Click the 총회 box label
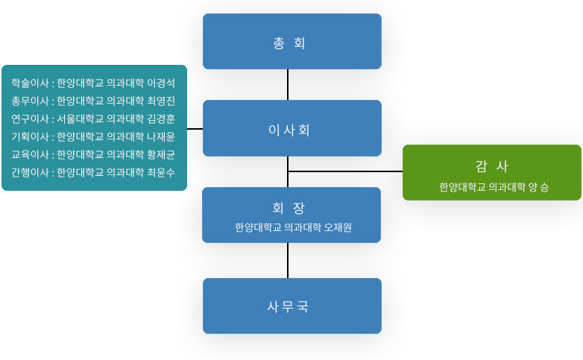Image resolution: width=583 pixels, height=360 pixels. [x=289, y=43]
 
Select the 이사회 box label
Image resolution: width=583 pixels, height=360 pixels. [x=289, y=130]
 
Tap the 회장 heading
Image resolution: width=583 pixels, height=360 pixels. [x=289, y=208]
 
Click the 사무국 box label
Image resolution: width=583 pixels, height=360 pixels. [x=288, y=306]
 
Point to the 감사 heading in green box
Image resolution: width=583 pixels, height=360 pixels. [x=491, y=166]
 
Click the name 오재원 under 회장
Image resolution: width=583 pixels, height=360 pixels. [x=338, y=227]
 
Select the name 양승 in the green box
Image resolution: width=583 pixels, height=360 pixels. [x=538, y=187]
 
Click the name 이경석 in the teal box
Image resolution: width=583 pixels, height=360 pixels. [x=160, y=83]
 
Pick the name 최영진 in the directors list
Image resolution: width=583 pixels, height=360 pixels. [x=160, y=101]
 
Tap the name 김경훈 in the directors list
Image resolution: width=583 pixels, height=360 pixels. [x=160, y=119]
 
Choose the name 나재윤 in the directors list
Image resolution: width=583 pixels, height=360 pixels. [x=160, y=136]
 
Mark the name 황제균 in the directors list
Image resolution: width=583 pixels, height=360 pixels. [x=160, y=154]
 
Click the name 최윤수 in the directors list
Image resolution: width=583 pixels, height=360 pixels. [x=160, y=172]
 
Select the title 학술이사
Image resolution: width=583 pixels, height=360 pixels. [x=30, y=83]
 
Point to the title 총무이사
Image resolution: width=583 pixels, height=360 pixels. [x=30, y=101]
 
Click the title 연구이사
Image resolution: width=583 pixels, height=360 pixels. [x=30, y=119]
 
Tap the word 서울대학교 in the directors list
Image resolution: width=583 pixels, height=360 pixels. [x=81, y=119]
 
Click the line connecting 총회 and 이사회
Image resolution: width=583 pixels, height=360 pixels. [x=288, y=84]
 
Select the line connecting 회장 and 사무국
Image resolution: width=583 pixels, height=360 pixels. [x=288, y=260]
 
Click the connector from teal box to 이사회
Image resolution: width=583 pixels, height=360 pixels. [x=195, y=129]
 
